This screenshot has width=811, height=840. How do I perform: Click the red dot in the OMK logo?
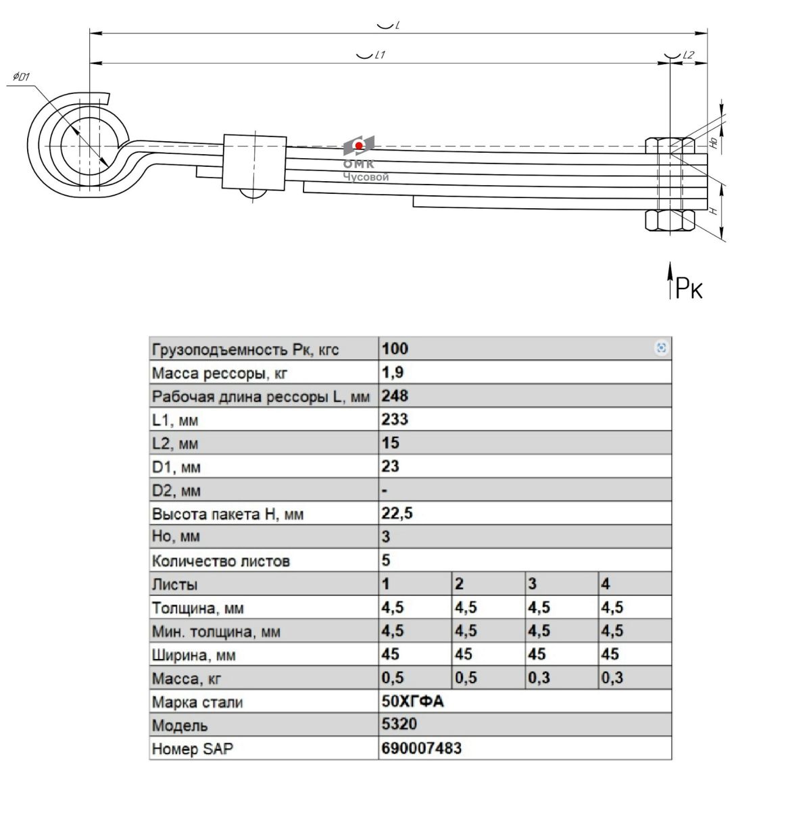(x=358, y=146)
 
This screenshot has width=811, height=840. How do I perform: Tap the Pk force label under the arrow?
(x=688, y=288)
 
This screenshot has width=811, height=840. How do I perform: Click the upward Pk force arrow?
(x=670, y=280)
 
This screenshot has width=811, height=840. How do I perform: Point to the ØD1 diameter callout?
(x=21, y=77)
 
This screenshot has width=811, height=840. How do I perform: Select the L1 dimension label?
(x=379, y=55)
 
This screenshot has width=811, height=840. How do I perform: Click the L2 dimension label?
(x=688, y=55)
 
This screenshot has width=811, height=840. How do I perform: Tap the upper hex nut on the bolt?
(x=670, y=145)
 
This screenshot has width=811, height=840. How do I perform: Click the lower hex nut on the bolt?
(x=670, y=220)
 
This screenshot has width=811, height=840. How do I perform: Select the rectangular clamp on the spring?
(x=254, y=162)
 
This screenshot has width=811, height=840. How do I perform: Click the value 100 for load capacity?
(x=395, y=348)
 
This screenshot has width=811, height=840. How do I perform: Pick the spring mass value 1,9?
(x=392, y=372)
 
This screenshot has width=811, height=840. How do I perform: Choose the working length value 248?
(x=395, y=395)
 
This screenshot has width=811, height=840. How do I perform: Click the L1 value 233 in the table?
(x=395, y=419)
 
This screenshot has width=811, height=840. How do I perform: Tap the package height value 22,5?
(x=397, y=513)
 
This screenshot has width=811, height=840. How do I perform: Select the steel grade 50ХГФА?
(x=412, y=701)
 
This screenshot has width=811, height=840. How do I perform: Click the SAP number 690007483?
(x=421, y=748)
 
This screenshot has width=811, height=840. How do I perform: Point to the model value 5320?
(x=399, y=724)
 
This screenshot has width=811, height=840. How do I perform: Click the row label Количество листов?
(x=221, y=561)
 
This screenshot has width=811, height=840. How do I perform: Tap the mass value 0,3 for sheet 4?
(x=612, y=678)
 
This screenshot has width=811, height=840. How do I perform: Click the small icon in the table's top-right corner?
(x=661, y=347)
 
